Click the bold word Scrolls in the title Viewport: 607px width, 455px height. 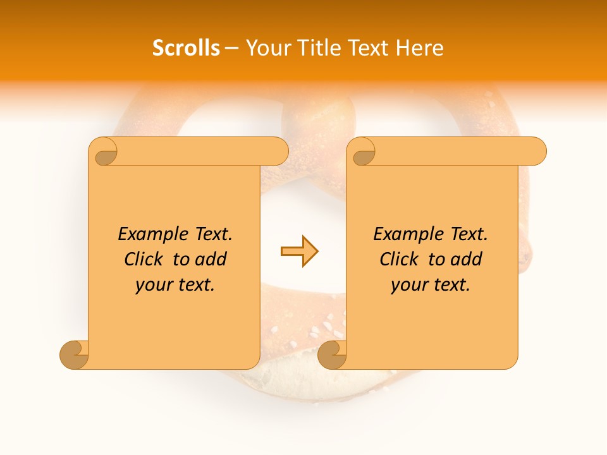coord(186,48)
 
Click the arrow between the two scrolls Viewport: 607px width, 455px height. coord(299,252)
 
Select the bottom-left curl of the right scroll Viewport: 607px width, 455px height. coord(332,355)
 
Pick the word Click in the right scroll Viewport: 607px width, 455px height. coord(399,259)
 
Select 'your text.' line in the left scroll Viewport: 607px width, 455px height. coord(175,284)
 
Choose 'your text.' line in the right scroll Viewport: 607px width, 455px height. coord(431,284)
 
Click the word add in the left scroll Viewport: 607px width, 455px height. coord(211,259)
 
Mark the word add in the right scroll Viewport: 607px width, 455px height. coord(467,259)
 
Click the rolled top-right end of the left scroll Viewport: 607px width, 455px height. coord(278,151)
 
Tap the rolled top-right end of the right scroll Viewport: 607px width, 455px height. coord(536,151)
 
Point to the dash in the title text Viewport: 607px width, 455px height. coord(232,49)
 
